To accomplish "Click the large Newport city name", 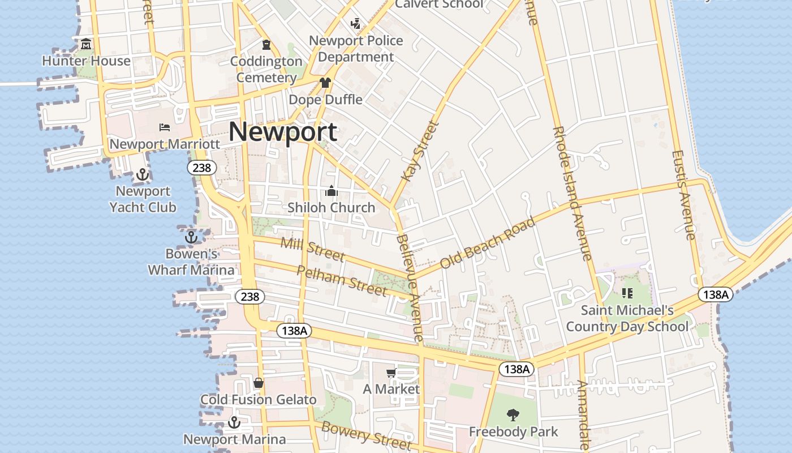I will coord(283,133).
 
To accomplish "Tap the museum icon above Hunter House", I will coord(86,44).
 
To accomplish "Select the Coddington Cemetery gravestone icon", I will coord(266,44).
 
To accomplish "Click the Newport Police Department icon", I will coord(355,24).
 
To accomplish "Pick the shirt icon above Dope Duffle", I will coord(325,83).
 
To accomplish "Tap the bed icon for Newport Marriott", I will coord(165,127).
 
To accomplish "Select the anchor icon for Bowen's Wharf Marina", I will coord(191,237).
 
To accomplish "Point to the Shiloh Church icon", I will coord(332,191).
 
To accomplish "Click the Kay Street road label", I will coord(419,151).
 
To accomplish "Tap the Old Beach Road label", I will coord(487,243).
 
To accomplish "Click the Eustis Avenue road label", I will coord(683,195).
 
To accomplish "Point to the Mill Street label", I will coord(312,250).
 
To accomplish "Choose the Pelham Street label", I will coord(342,280).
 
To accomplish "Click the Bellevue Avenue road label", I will coord(410,288).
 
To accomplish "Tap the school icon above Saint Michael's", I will coord(627,293).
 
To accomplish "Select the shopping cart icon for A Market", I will coord(391,372).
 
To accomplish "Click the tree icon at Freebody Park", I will coord(513,415).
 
